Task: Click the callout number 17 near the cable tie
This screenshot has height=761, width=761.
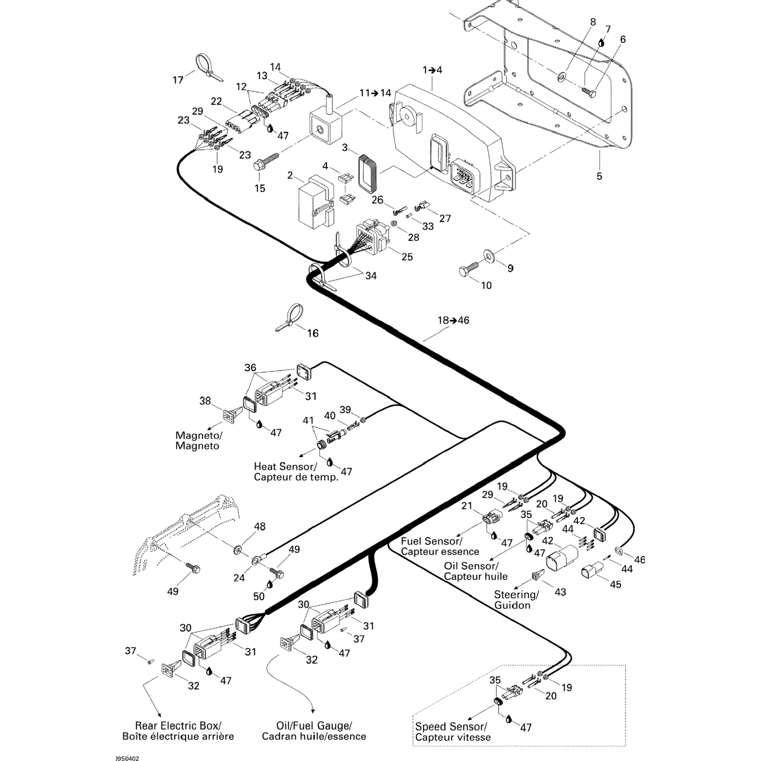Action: pos(178,80)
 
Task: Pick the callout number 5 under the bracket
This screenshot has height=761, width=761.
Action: pos(599,176)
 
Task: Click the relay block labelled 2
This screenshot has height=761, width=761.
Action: pos(314,201)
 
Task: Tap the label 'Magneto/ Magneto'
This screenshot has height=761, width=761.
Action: pos(198,440)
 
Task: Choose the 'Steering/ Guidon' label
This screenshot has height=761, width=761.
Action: pos(516,600)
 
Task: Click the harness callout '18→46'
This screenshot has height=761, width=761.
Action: pos(454,320)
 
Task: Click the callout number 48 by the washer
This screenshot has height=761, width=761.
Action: pos(260,527)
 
